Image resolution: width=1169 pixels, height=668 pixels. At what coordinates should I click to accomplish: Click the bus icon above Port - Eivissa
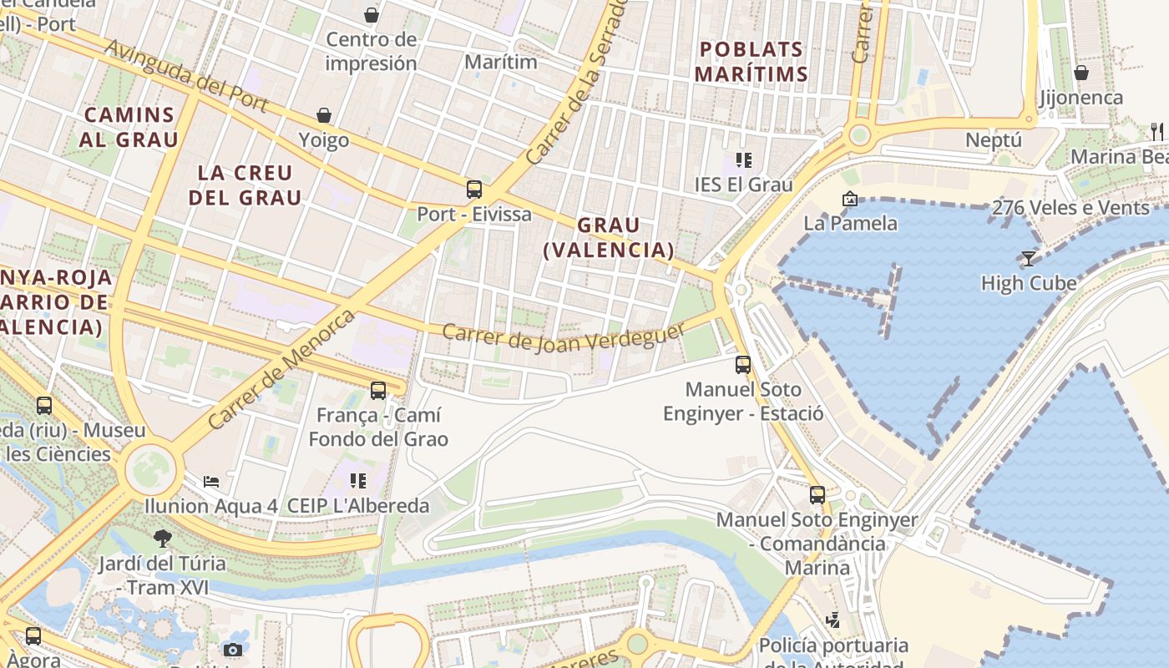(x=474, y=190)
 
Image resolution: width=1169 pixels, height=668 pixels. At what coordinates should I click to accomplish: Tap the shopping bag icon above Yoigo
(x=324, y=115)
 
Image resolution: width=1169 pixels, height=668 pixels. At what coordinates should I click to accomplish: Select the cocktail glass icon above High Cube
(x=1029, y=259)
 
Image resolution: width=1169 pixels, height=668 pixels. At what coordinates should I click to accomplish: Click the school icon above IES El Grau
(x=743, y=159)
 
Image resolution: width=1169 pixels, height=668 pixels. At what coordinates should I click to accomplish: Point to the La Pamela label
(x=850, y=223)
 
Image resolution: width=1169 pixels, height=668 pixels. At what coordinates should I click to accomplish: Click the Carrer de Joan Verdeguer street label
(x=564, y=337)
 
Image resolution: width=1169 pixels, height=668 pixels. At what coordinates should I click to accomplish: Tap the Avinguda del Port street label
(x=187, y=76)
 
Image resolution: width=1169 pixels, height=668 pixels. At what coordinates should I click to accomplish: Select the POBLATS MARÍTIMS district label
(x=751, y=61)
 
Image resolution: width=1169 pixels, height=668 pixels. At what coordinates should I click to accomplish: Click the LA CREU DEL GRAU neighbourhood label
(x=245, y=185)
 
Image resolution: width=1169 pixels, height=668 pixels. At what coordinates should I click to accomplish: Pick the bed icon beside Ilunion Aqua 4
(x=212, y=482)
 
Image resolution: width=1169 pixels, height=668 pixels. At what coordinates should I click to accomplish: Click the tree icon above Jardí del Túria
(x=163, y=538)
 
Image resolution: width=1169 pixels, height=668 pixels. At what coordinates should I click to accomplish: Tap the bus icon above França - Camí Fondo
(x=378, y=390)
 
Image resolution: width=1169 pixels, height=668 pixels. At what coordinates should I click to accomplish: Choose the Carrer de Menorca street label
(x=281, y=370)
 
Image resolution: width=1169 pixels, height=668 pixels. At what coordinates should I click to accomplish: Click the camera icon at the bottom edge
(x=233, y=650)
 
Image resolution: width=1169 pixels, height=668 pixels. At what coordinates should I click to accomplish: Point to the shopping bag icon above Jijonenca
(x=1081, y=73)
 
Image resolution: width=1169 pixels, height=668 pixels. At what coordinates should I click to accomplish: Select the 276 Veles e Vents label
(x=1070, y=208)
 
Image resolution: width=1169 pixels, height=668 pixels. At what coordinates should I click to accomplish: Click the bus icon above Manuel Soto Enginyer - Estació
(x=743, y=364)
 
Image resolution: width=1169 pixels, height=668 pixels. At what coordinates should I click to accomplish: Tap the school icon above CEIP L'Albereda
(x=358, y=481)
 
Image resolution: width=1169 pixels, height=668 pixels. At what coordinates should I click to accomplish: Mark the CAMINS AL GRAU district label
(x=129, y=127)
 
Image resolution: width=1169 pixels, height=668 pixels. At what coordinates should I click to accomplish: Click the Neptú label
(x=994, y=139)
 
